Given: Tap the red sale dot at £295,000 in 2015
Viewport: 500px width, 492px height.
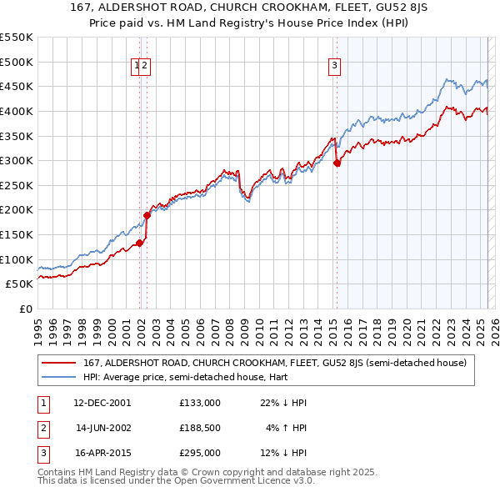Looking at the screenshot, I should click(337, 163).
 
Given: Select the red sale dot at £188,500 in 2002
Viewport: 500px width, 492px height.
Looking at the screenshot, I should click(147, 215).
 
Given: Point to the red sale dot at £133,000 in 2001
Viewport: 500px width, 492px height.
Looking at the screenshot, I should click(140, 243).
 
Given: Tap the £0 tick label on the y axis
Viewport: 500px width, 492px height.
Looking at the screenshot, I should click(27, 309).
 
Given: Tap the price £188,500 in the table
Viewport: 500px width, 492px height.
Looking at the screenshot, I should click(200, 428).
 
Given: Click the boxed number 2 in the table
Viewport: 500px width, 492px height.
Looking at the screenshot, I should click(42, 428).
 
